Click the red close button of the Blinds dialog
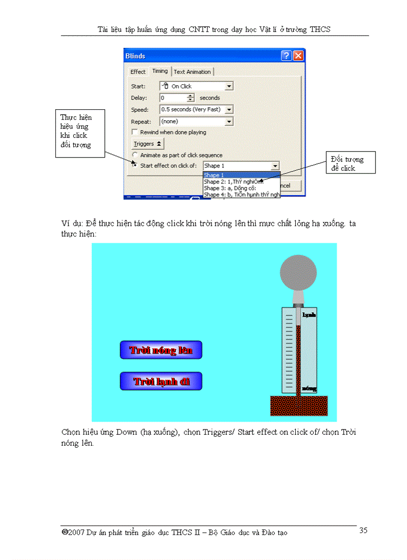pos(298,56)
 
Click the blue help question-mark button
pos(286,56)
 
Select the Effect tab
pos(138,72)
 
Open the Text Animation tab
pos(192,72)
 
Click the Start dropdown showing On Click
pos(196,86)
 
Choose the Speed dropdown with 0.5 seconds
pos(196,109)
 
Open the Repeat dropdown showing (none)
pos(196,121)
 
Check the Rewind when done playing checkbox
pos(134,133)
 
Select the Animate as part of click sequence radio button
pos(135,155)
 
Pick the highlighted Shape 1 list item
pos(242,175)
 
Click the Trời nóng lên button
pos(161,350)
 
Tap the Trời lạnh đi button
pos(161,381)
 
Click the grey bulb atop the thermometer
pos(298,272)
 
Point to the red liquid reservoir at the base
pos(298,405)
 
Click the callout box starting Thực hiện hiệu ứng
pos(80,133)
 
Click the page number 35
pos(363,530)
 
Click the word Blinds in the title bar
pos(135,56)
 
